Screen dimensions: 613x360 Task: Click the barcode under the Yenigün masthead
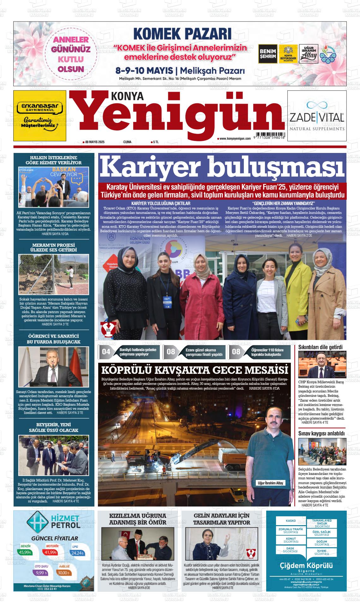(270, 134)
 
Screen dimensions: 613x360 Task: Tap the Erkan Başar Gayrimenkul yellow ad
(40, 116)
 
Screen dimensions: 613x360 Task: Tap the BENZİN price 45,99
(25, 552)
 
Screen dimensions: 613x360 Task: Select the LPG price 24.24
(77, 553)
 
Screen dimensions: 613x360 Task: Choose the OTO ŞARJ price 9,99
(41, 573)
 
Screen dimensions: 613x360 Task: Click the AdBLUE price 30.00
(63, 573)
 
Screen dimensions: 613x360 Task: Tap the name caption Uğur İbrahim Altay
(270, 483)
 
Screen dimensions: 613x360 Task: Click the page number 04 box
(106, 351)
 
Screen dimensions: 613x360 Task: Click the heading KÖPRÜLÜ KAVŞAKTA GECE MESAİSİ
(194, 369)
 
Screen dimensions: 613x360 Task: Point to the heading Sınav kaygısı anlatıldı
(321, 434)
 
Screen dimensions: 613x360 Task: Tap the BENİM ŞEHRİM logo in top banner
(267, 54)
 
